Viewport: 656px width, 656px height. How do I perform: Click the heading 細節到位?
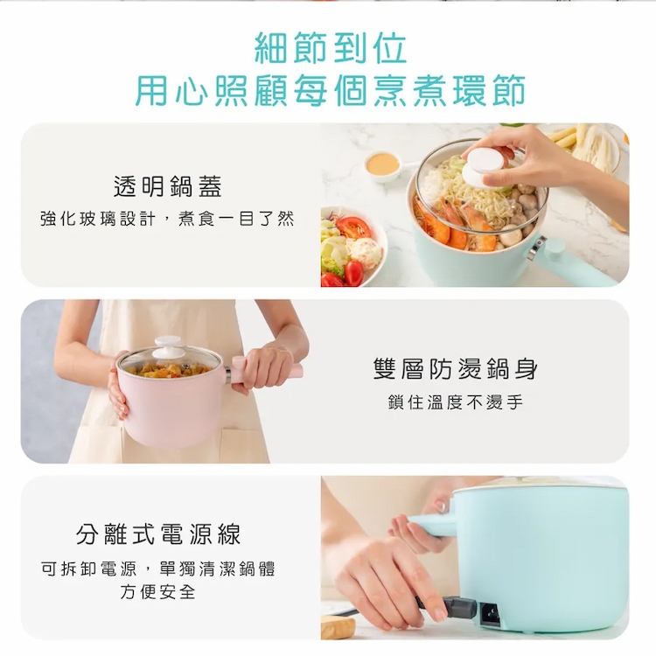pos(331,48)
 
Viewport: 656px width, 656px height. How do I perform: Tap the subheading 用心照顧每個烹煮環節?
pos(331,90)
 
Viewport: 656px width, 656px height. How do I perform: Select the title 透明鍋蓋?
pos(167,186)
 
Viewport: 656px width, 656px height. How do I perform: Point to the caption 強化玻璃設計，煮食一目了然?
pos(167,219)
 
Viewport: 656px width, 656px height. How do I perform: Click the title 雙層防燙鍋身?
pos(456,369)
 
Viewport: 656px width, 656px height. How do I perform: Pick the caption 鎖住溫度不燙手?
pos(456,402)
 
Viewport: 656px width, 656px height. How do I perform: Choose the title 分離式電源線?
pos(158,534)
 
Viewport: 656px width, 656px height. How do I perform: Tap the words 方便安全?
pos(158,591)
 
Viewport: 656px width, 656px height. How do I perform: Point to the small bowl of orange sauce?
pos(382,165)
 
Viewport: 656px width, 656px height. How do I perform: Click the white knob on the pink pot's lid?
pos(169,347)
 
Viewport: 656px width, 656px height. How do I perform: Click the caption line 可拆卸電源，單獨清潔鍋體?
pos(158,569)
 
